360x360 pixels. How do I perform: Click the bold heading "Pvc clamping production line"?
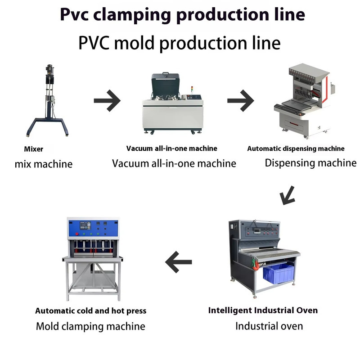click(183, 15)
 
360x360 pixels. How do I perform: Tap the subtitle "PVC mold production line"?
click(180, 43)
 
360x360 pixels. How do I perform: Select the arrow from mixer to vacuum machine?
click(107, 100)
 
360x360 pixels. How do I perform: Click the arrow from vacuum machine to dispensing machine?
click(241, 100)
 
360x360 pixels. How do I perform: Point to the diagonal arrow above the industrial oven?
click(287, 195)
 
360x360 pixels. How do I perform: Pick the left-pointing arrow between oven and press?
click(178, 262)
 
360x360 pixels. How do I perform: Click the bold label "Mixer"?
click(33, 149)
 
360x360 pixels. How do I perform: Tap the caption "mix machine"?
click(44, 164)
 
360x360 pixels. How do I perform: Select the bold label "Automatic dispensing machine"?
click(296, 148)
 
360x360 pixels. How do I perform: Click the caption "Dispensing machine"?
click(310, 163)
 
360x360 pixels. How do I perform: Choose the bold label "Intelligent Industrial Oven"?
click(263, 310)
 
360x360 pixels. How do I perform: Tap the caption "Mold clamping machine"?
click(91, 326)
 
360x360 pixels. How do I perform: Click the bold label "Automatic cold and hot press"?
click(91, 310)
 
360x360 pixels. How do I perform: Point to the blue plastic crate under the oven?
click(279, 274)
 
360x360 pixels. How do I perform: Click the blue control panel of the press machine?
click(93, 228)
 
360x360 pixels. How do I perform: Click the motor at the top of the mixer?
click(49, 68)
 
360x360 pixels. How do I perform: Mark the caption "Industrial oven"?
click(269, 326)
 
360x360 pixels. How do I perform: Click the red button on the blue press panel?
click(77, 234)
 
